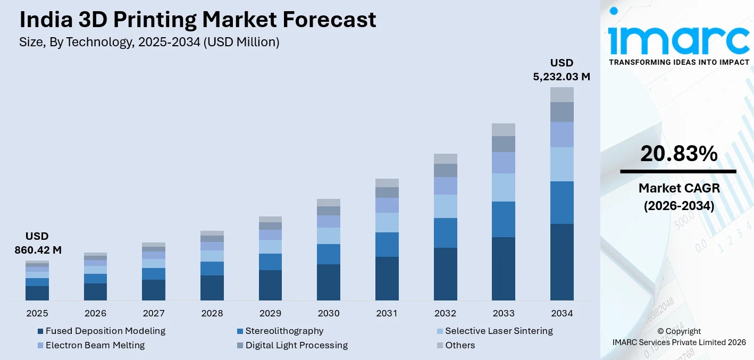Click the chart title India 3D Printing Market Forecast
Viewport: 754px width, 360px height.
[197, 20]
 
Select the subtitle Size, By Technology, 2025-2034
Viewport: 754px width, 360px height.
[149, 42]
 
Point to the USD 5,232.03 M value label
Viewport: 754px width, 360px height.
[562, 70]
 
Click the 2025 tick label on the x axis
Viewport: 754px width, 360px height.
[37, 313]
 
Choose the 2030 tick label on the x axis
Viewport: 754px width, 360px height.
[328, 313]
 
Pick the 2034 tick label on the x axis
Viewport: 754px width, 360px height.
[562, 313]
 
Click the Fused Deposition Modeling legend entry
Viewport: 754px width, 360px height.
[105, 331]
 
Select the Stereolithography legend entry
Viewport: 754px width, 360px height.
[284, 331]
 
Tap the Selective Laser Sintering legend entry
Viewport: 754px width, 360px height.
[498, 331]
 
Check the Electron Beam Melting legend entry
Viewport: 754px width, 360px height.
[95, 345]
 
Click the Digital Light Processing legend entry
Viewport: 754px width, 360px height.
[296, 345]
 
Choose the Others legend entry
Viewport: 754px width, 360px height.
[459, 345]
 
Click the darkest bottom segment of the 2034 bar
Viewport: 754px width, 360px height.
[562, 262]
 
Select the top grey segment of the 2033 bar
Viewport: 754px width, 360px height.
[503, 130]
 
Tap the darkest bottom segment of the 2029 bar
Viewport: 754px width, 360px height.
[270, 285]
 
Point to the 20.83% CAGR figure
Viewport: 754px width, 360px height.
[678, 154]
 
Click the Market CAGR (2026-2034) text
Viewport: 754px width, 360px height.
[678, 197]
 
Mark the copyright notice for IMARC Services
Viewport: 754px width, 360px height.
[678, 337]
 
